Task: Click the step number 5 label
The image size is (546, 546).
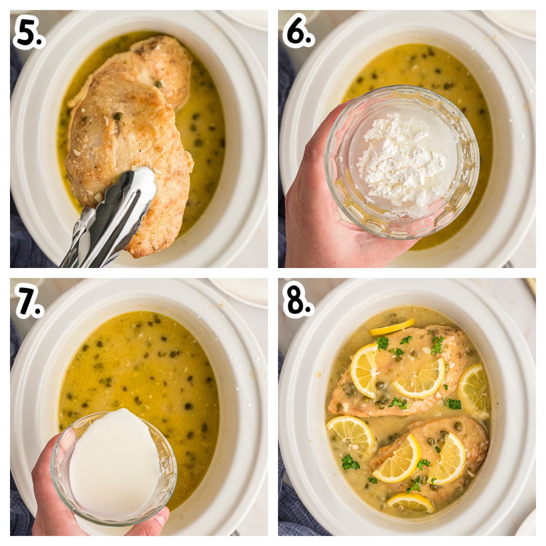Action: coord(28,34)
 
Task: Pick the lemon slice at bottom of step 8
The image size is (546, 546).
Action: coord(410,502)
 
